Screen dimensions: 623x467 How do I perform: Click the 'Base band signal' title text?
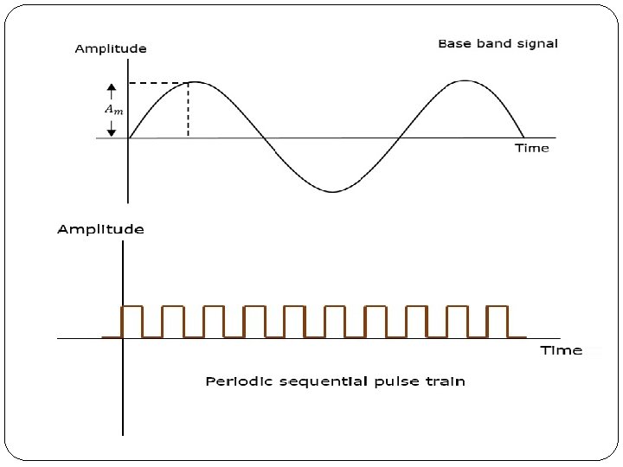coord(498,43)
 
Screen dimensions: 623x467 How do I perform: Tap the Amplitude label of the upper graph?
coord(111,48)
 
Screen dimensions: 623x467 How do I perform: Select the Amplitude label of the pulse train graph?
coord(100,229)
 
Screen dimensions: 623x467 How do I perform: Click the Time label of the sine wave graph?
coord(531,148)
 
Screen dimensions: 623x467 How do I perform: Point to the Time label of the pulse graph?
coord(561,350)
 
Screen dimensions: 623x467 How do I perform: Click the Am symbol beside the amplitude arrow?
coord(113,109)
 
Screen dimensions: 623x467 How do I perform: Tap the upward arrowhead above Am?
coord(112,87)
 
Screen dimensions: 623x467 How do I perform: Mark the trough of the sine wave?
coord(331,191)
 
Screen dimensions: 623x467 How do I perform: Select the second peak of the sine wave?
coord(466,81)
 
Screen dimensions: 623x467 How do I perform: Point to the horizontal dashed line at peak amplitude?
coord(157,83)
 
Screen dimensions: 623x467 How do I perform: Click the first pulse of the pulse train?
coord(132,321)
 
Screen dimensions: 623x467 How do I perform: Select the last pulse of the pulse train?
coord(498,321)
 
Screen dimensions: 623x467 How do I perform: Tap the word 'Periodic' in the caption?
coord(233,381)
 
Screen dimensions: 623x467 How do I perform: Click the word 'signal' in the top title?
coord(536,43)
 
